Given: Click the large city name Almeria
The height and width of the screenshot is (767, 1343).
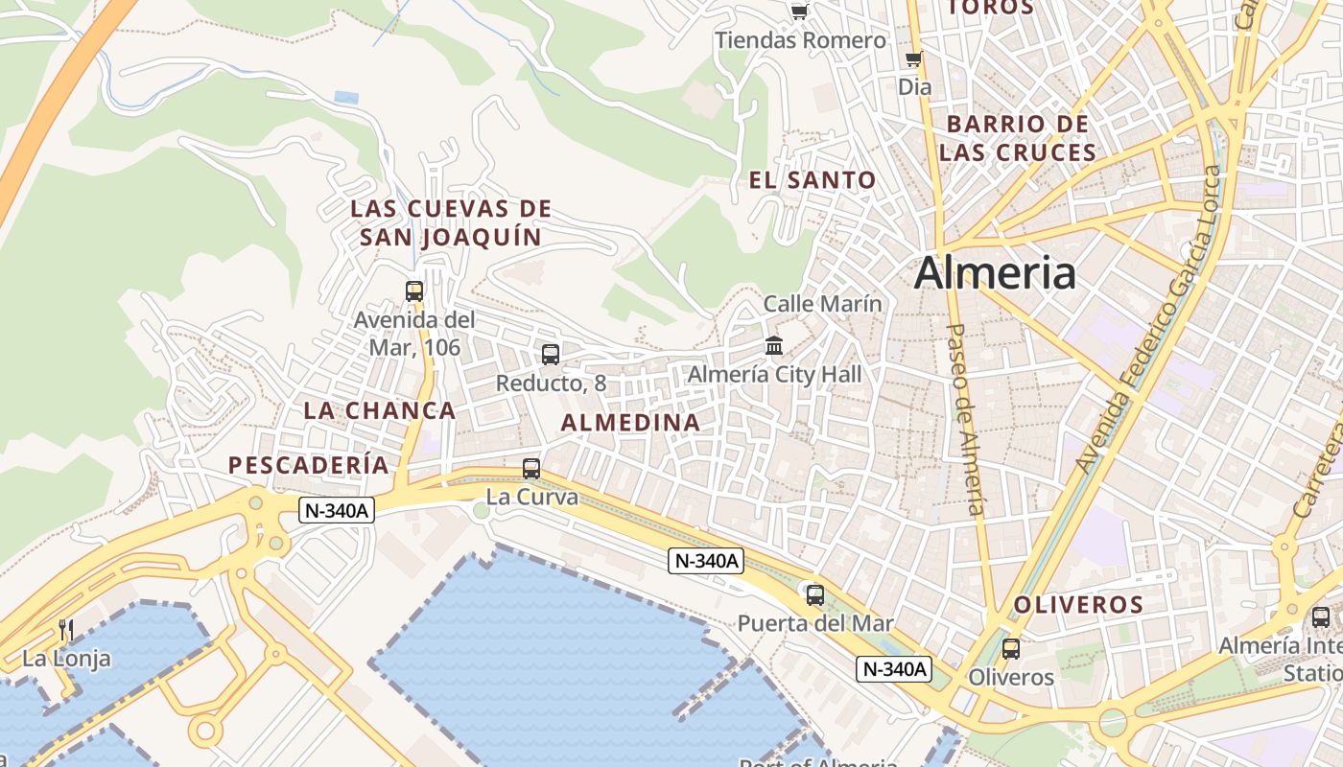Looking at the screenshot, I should [x=995, y=273].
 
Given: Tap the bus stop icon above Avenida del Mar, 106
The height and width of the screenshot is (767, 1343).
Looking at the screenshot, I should [x=414, y=291].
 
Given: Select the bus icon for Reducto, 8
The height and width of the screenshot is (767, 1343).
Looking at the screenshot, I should [x=551, y=355].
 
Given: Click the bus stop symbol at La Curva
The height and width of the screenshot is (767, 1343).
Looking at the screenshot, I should [x=531, y=469].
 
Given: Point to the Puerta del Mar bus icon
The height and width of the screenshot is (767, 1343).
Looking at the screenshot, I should [x=815, y=595].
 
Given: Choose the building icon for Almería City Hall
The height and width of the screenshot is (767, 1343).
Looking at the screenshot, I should [x=774, y=345].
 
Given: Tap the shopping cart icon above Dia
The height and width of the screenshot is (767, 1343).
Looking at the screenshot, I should [x=914, y=59].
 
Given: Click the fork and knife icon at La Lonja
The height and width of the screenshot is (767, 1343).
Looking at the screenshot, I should [x=66, y=630].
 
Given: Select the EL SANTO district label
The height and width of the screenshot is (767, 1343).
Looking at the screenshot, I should [x=813, y=179].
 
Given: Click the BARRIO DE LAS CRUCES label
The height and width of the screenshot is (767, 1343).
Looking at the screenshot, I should [x=1018, y=138].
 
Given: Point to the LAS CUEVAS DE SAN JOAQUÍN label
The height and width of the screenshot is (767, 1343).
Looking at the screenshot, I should [x=451, y=222].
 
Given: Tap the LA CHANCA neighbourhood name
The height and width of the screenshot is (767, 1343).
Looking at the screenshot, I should [x=380, y=410].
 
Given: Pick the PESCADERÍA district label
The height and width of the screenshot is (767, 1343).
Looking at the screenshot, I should [x=309, y=466].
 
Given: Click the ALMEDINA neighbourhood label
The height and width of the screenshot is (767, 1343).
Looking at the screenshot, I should [x=630, y=423].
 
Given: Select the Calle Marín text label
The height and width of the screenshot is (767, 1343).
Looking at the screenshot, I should [x=822, y=304].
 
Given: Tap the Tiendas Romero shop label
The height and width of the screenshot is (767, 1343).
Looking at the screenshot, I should [x=801, y=40].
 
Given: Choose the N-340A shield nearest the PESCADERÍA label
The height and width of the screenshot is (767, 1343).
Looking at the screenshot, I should [x=336, y=510].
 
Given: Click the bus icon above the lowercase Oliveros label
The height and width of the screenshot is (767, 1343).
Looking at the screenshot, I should [x=1011, y=649].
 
